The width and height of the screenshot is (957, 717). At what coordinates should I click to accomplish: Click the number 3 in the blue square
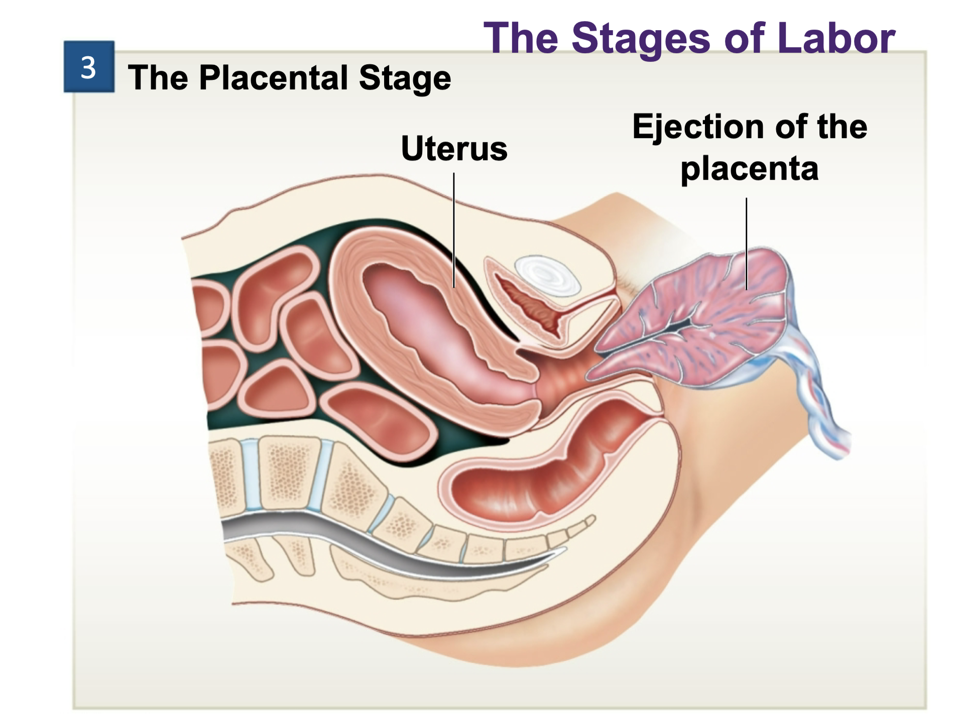(x=88, y=67)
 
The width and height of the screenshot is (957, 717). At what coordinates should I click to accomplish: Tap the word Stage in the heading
(x=405, y=78)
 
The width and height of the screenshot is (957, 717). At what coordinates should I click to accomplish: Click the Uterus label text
(x=454, y=149)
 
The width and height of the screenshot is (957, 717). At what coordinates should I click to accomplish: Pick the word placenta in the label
(x=749, y=169)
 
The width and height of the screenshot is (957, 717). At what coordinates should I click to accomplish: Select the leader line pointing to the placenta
(x=746, y=241)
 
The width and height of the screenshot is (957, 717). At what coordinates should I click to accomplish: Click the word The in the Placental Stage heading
(x=158, y=78)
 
